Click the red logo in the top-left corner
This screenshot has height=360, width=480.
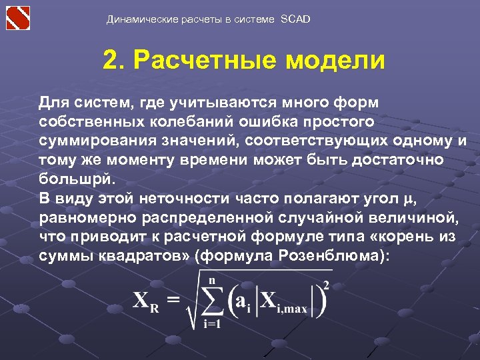pos(18,17)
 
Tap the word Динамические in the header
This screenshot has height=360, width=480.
pos(141,19)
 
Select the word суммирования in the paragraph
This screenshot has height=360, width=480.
pos(99,142)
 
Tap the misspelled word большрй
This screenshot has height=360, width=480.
pos(77,179)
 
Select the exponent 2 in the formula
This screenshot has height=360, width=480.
pos(326,285)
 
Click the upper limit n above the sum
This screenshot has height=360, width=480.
pos(212,281)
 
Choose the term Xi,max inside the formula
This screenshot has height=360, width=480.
pos(282,303)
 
